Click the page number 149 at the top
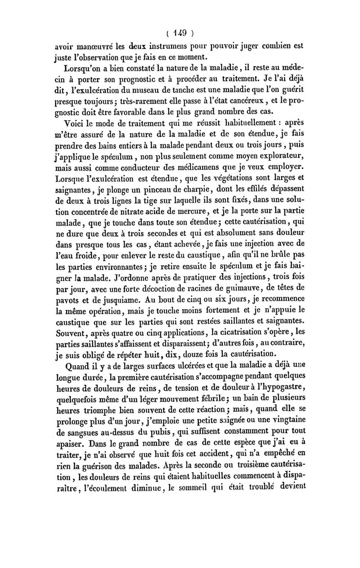coord(180,33)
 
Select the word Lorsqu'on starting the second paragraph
coord(85,69)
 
